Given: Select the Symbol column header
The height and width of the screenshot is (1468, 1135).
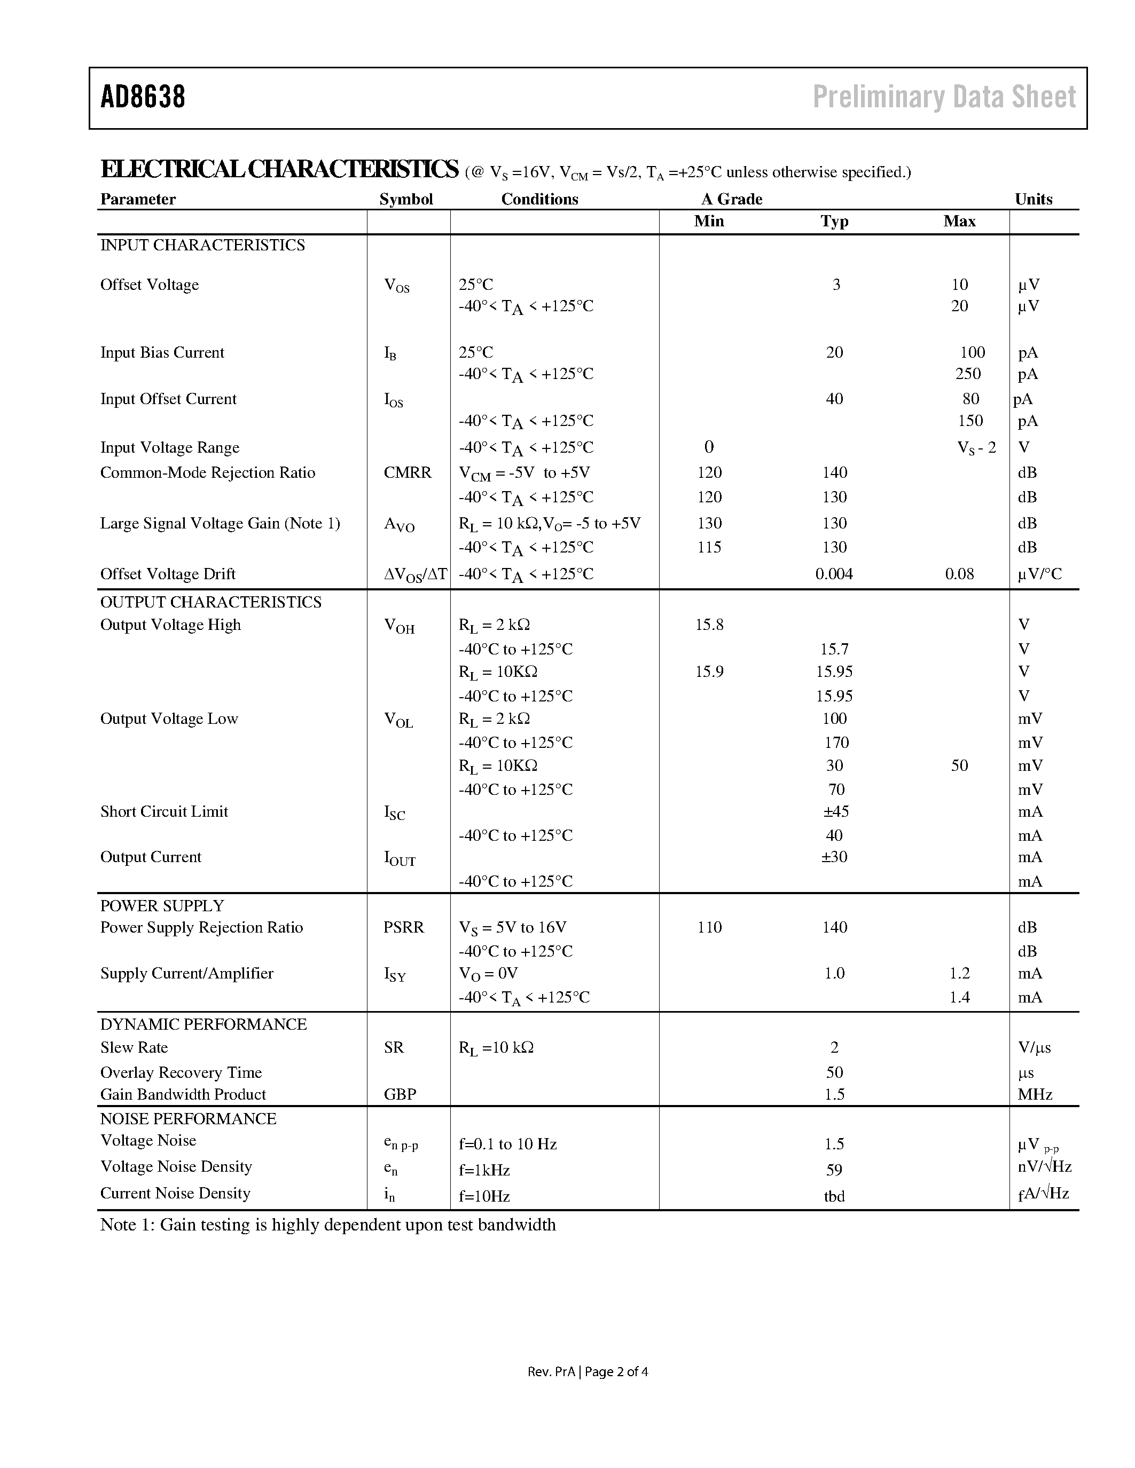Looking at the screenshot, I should pos(406,199).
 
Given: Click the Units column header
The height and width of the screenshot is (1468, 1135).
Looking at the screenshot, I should pos(1034,199).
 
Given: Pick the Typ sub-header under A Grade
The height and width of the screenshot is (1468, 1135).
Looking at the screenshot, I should pos(834,221).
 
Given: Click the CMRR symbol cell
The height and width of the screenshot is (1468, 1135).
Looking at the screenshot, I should pos(408,472).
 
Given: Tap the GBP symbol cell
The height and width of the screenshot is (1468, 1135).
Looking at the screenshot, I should pos(400,1094).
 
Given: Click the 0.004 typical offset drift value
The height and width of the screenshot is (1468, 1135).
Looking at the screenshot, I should pos(834,574).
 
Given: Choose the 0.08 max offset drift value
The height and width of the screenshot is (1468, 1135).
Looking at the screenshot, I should pos(959,574).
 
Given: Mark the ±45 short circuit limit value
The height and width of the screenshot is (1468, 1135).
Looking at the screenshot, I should pos(836,811).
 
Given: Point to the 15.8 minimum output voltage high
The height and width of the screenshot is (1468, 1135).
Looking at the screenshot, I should pos(709,625).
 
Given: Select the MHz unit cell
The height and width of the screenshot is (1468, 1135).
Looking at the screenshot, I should pos(1035,1094).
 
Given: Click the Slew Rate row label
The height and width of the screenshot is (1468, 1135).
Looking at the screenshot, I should pos(134,1047).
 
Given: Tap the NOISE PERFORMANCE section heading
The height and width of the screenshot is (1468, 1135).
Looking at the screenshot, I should pos(188,1118).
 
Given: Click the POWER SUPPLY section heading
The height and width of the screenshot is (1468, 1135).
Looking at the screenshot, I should pos(162,905).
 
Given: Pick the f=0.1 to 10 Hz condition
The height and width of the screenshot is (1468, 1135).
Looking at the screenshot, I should pos(507,1144).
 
